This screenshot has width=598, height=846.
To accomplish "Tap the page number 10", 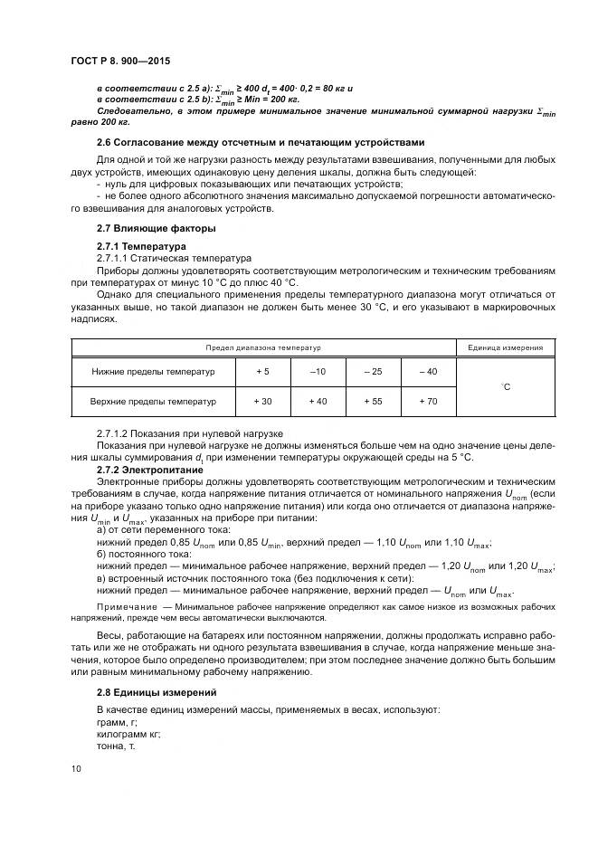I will (x=76, y=767).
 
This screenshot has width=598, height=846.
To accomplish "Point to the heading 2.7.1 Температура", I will (x=141, y=246).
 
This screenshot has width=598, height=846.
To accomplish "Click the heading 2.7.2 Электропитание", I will (x=147, y=471).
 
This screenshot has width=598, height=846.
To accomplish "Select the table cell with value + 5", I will (x=262, y=372).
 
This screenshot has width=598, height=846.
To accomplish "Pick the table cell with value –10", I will (x=318, y=372).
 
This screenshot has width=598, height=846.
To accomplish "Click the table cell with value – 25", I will (x=373, y=372).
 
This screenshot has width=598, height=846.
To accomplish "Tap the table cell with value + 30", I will (x=262, y=401).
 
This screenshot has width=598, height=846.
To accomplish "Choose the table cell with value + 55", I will (x=373, y=401).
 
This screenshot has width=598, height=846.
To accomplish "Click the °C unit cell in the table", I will (x=505, y=386).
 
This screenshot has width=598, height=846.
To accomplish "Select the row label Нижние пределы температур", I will (x=153, y=372).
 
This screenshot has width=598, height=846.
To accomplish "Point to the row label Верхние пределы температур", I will (x=153, y=401).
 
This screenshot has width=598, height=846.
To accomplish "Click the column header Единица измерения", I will (x=505, y=347).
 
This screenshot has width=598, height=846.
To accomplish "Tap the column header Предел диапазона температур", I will (x=263, y=347).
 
